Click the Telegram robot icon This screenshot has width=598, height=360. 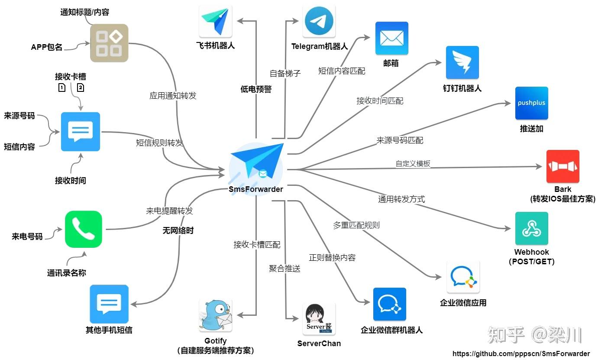coord(319,21)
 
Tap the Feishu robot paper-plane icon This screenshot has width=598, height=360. coord(216,21)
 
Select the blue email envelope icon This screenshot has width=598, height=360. coord(391,38)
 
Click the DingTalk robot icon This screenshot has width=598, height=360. coord(462,62)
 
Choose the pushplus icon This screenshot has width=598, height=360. coord(531,103)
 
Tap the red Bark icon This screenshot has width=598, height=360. coord(563,166)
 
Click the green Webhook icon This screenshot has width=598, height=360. coord(531,228)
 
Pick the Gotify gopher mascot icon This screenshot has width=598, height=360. coord(216,315)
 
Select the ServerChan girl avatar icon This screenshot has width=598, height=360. coord(319,319)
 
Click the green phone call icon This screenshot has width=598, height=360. coord(84,229)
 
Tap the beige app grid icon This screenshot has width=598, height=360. coord(109,43)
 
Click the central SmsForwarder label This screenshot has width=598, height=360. coord(256,189)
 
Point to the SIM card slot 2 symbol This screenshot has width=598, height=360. coord(81,88)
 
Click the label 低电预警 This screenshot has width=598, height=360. coord(256,89)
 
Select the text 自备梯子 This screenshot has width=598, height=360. coord(285,73)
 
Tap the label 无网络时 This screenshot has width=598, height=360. coord(178,230)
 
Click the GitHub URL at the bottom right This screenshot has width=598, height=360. coord(521,354)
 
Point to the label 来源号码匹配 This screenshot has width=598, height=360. coord(400,140)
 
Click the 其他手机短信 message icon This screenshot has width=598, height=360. coord(109,304)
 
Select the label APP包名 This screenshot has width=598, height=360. coord(47,47)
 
